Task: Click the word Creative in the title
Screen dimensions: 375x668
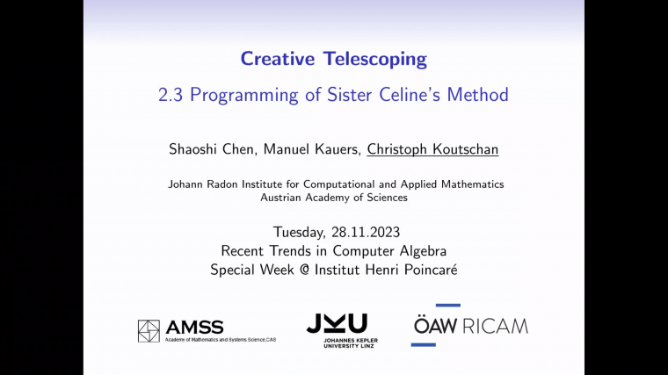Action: (x=278, y=60)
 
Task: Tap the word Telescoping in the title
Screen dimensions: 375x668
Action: (x=374, y=60)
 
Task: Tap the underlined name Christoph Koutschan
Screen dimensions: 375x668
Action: (x=432, y=149)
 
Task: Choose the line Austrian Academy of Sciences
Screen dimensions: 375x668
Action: (x=334, y=198)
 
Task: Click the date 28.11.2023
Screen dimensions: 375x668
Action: (x=364, y=233)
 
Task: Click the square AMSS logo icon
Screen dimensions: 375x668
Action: (x=149, y=330)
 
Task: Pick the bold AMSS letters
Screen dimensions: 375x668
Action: (x=194, y=327)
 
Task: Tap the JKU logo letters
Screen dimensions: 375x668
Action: (x=337, y=322)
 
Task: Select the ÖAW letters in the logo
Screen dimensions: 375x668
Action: (x=436, y=326)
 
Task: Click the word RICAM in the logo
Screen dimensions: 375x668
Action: (x=497, y=326)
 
